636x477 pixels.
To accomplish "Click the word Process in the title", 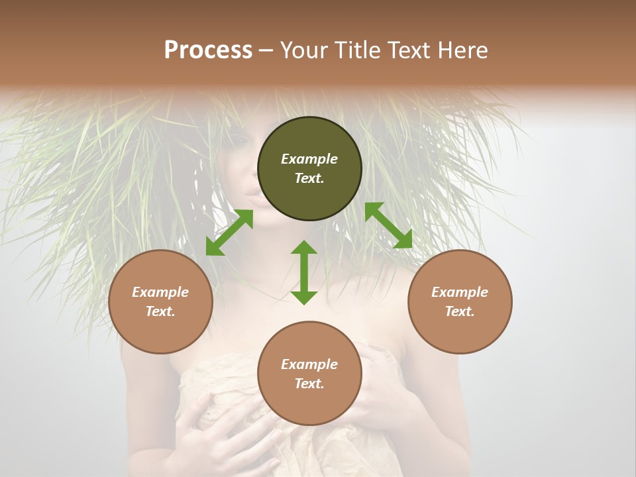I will click(208, 50).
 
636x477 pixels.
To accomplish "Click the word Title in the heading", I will click(355, 50).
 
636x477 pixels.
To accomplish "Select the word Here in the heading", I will click(464, 50).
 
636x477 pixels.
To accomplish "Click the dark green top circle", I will click(309, 169).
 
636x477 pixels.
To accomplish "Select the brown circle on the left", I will click(160, 301).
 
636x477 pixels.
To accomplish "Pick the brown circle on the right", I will click(460, 301).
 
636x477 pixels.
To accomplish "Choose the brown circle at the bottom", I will click(309, 374).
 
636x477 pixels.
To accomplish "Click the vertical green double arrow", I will click(304, 272).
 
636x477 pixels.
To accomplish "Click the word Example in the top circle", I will click(309, 159).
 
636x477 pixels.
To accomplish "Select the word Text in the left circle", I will click(160, 311).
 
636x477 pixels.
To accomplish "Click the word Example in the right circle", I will click(460, 292).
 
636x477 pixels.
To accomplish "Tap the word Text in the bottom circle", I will click(309, 384).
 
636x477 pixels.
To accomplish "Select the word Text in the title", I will click(410, 50).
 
